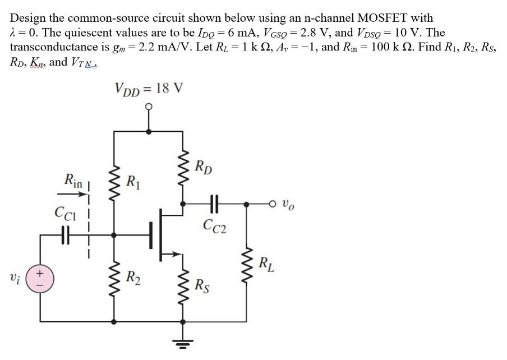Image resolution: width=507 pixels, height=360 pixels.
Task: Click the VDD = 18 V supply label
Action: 148,89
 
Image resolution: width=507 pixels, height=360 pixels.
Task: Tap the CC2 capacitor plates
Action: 215,205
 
